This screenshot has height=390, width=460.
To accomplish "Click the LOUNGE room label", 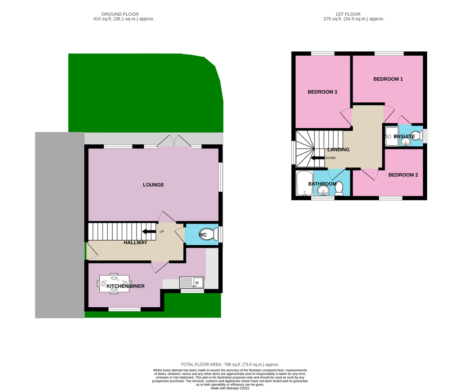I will click(153, 185).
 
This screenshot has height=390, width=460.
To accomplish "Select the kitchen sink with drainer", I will click(191, 282).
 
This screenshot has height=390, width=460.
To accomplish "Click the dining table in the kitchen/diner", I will click(114, 283).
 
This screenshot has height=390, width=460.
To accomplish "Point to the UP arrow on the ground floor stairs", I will click(147, 232).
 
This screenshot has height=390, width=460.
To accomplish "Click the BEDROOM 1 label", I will click(388, 79).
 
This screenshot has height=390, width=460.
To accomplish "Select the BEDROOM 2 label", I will click(403, 175).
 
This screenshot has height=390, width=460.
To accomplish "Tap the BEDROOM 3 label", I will click(322, 92).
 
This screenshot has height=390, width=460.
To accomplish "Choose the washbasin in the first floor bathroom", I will click(323, 192).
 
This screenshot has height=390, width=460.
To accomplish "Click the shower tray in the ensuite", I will click(392, 136).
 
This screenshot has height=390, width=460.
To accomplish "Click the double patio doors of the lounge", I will click(175, 141).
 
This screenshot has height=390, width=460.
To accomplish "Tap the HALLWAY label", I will click(135, 243).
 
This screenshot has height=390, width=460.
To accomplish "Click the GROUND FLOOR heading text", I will click(120, 14).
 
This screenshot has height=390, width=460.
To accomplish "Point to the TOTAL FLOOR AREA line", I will click(230, 364).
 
